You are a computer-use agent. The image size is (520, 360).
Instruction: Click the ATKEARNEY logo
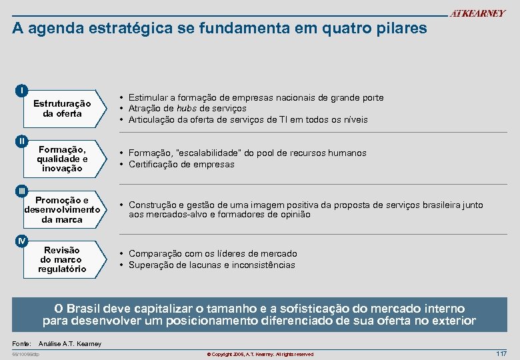tap(477, 14)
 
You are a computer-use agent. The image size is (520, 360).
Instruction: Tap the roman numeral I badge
tap(22, 90)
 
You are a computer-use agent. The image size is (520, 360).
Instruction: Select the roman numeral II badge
tap(22, 141)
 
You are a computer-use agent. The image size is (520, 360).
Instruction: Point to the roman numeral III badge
tap(22, 191)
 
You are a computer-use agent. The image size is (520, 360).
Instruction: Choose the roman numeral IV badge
tap(22, 241)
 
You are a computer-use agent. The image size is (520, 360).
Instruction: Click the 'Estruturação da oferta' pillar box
tap(62, 109)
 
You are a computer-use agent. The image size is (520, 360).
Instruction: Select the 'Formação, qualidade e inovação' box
tap(62, 159)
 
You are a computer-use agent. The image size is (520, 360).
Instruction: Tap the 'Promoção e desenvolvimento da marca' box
tap(62, 209)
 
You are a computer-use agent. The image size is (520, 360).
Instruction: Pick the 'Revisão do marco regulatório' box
tap(62, 259)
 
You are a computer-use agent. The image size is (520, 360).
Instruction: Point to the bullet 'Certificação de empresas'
tap(181, 164)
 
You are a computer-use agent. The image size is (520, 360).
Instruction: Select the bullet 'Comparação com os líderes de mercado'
tap(213, 253)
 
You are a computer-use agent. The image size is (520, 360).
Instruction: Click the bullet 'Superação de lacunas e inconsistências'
tap(211, 265)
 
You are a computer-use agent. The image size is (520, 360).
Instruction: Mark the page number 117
tap(501, 353)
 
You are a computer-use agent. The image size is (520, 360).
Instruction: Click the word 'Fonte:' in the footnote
tap(22, 343)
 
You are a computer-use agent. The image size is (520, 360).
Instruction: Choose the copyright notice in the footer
tap(260, 354)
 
